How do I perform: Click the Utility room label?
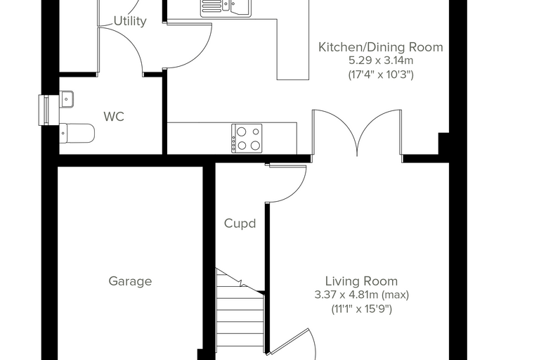130,21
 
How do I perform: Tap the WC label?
114,117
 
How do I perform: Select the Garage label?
130,281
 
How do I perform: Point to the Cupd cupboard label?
240,224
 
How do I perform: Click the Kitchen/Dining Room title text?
381,47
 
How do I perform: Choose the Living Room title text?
361,281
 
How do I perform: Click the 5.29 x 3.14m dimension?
381,60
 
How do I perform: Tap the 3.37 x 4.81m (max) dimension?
361,295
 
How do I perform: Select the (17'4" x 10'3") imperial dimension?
381,75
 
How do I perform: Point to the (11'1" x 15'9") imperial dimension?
361,309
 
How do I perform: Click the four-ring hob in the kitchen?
247,139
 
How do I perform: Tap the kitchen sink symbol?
226,8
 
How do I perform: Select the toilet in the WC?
77,134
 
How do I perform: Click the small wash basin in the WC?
67,99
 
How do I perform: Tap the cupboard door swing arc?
297,193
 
